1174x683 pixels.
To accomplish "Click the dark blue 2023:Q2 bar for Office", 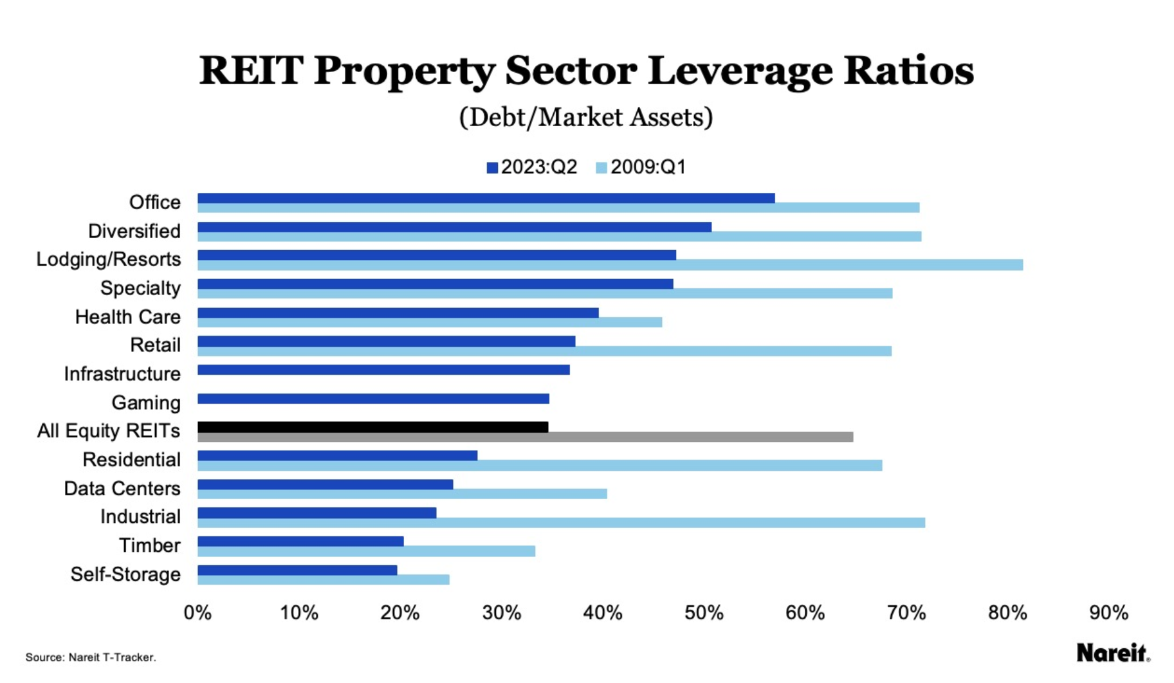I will coord(486,198).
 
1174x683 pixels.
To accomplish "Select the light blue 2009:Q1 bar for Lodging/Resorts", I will coord(610,265).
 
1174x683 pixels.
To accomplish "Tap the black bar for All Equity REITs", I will coord(372,427).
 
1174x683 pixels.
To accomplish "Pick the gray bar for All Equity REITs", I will coord(525,437).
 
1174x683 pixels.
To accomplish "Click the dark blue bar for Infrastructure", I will coord(383,370).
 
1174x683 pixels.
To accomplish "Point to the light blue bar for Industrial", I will coord(561,523).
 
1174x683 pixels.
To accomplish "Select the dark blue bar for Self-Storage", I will coord(297,570).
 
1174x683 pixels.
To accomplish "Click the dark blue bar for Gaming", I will coord(373,399).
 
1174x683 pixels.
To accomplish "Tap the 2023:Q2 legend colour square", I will coord(492,168).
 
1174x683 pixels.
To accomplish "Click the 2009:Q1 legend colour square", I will coord(601,168).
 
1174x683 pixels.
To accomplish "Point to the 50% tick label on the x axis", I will coord(704,613).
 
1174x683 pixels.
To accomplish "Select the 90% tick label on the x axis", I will coord(1108,613).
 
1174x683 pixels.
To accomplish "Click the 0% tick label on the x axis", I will coord(197,613).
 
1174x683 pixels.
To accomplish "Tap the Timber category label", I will coord(150,545).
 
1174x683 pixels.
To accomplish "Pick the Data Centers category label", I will coord(122,489).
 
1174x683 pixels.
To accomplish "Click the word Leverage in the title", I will coord(740,71).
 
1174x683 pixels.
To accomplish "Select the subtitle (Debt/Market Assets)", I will coord(586,117).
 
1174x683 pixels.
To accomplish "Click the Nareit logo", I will coord(1112,653).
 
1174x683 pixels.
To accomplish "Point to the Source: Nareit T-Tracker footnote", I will coord(91,657).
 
